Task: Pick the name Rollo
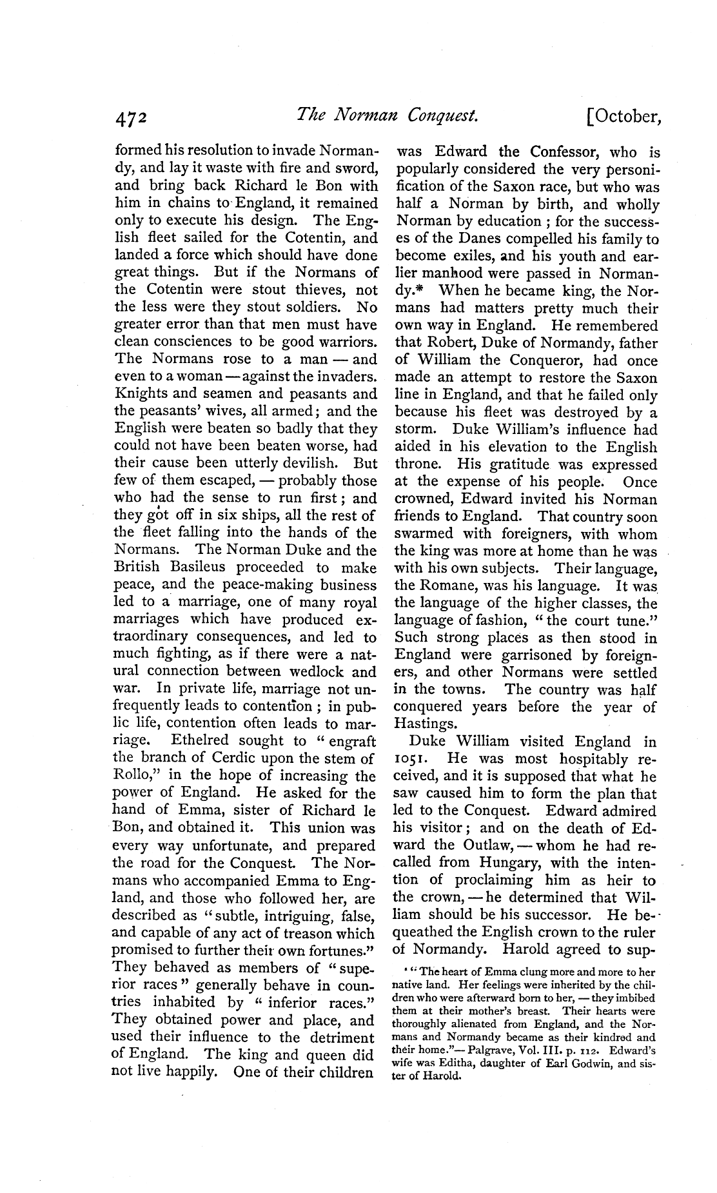pyautogui.click(x=132, y=776)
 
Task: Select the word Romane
pyautogui.click(x=444, y=586)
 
